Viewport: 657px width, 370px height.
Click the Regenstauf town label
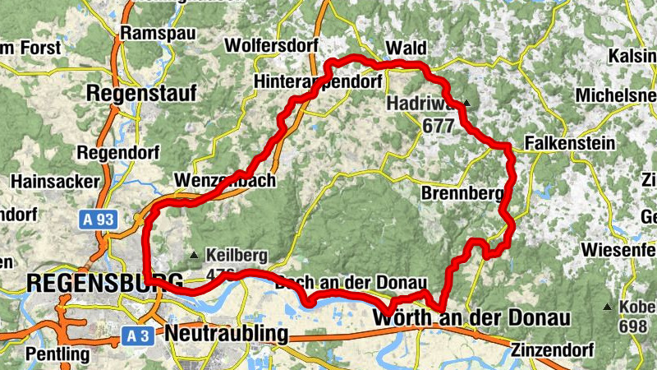141,94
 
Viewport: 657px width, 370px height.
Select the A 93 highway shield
97,220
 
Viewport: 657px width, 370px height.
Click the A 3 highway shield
141,335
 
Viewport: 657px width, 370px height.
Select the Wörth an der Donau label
471,317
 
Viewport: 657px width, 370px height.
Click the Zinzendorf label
551,349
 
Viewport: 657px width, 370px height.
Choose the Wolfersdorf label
270,44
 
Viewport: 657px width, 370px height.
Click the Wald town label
407,46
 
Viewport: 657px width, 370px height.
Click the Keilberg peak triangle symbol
194,254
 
